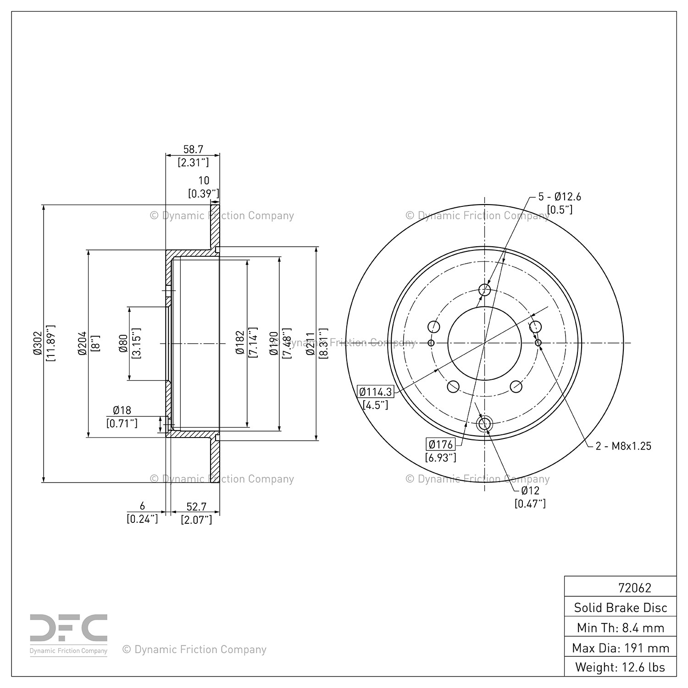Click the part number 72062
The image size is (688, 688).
(x=634, y=588)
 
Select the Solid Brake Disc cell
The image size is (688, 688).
(x=621, y=608)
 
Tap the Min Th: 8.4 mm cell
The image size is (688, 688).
(x=621, y=627)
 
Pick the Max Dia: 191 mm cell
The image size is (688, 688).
(x=621, y=648)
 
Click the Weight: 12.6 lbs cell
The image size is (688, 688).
(x=621, y=667)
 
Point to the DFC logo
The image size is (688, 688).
(x=69, y=628)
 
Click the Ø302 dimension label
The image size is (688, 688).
(x=38, y=343)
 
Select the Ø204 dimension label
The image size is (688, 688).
(x=82, y=343)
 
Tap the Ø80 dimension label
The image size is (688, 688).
(x=123, y=343)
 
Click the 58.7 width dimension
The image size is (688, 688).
(x=193, y=150)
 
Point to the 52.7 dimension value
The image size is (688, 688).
(x=196, y=506)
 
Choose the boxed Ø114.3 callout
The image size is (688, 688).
(x=376, y=392)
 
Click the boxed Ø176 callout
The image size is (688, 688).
(x=440, y=444)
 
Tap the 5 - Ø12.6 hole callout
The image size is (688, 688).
(x=559, y=197)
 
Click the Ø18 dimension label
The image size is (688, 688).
(x=122, y=410)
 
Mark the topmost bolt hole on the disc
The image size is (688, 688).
(x=485, y=290)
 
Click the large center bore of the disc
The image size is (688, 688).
(x=484, y=343)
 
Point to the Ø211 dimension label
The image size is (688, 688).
(x=310, y=343)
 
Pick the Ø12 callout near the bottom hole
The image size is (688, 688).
(x=530, y=490)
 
